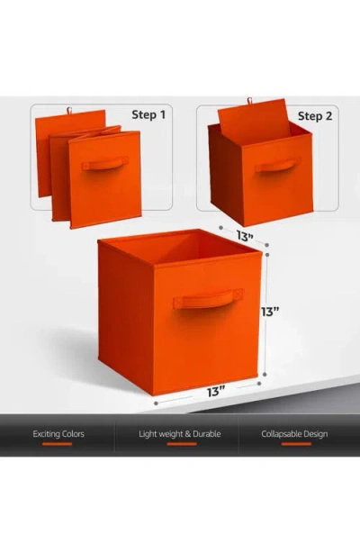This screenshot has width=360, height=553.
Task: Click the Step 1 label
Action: click(x=150, y=116)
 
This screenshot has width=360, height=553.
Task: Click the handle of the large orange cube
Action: click(x=209, y=298)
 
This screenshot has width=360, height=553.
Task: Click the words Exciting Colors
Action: click(x=58, y=434)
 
